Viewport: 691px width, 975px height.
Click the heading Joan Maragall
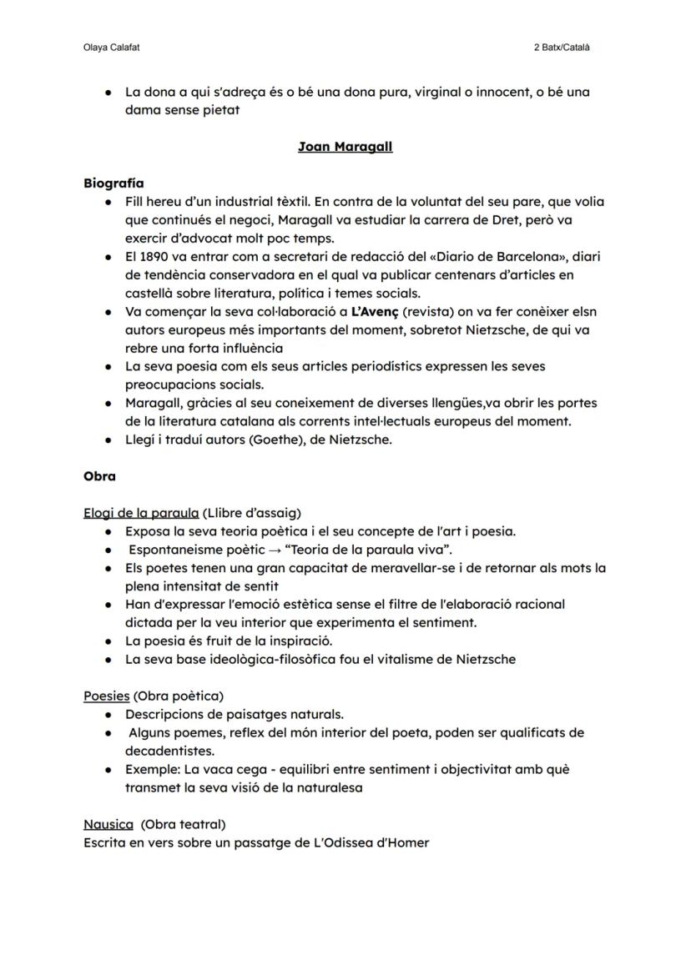pyautogui.click(x=345, y=147)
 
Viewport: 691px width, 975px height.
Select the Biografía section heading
pyautogui.click(x=113, y=183)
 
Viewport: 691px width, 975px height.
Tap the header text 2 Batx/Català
pyautogui.click(x=562, y=48)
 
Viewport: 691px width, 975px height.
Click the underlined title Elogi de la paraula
pyautogui.click(x=140, y=513)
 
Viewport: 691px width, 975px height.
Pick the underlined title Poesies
pyautogui.click(x=106, y=696)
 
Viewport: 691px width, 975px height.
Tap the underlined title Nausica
pyautogui.click(x=108, y=824)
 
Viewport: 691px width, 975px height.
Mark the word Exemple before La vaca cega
pyautogui.click(x=151, y=769)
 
